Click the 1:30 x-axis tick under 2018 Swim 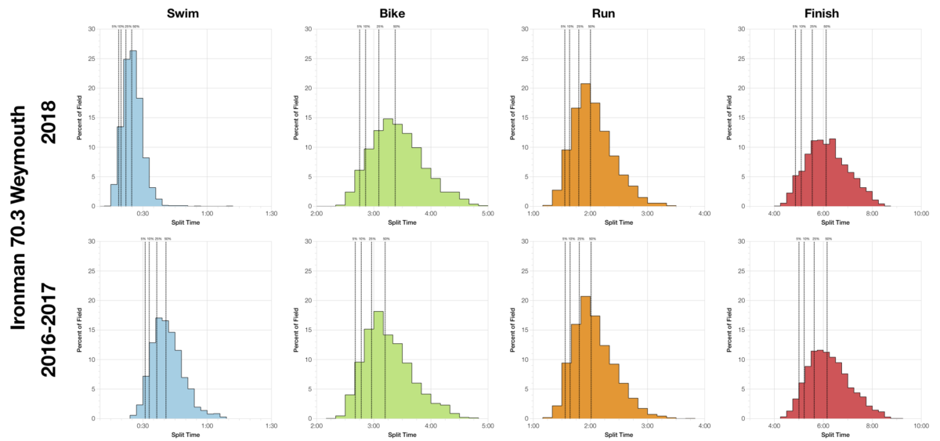[272, 214]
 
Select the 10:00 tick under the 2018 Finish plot [920, 214]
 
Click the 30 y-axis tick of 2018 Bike [308, 29]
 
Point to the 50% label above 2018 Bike [396, 27]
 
